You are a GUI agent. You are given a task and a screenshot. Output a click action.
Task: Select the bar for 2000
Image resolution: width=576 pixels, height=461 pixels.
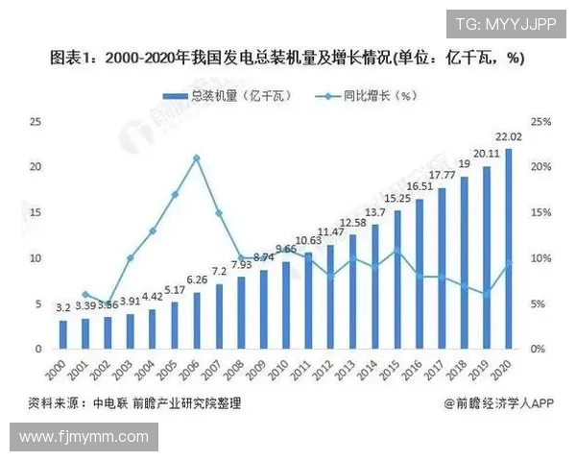point(63,333)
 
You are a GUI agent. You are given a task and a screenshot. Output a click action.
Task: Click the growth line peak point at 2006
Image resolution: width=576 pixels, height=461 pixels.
point(197,157)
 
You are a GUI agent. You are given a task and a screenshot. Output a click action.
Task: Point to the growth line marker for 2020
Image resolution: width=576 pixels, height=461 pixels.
point(508,262)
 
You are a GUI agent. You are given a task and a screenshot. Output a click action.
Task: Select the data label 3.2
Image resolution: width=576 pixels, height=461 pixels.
point(63,308)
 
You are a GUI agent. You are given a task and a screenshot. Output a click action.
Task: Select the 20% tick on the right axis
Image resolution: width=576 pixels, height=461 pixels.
point(540,167)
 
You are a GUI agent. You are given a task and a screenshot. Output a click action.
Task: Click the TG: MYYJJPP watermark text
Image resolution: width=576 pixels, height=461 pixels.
point(505,24)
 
